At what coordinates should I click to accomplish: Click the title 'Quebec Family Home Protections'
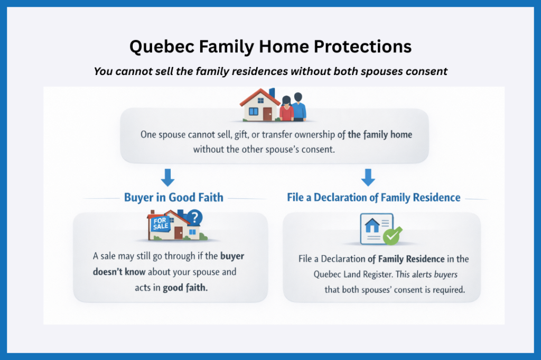(270, 46)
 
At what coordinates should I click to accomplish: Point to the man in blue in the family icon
(299, 107)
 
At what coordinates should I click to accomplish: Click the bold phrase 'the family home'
(380, 135)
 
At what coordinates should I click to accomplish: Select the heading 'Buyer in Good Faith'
(173, 198)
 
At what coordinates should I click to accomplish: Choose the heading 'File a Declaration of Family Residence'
(374, 198)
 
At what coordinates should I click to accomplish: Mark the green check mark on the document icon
(391, 236)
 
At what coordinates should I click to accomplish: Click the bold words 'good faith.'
(179, 288)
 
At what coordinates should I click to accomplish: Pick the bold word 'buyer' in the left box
(232, 256)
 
